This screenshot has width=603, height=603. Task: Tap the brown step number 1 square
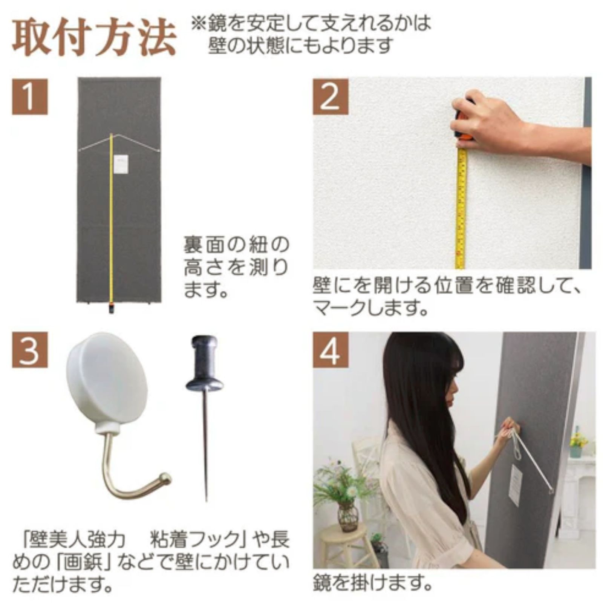(30, 96)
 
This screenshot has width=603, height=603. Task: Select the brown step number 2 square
(331, 96)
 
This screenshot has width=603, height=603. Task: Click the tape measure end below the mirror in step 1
(112, 308)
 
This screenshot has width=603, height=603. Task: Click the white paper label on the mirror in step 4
(515, 485)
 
